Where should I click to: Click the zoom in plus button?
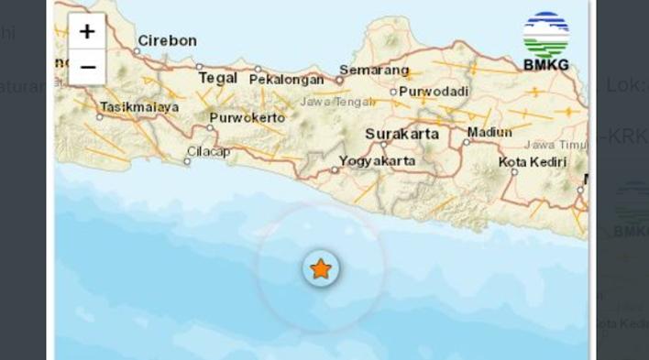tap(87, 32)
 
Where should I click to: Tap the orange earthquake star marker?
tap(321, 268)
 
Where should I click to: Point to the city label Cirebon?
tap(167, 40)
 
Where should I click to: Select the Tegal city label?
tap(218, 78)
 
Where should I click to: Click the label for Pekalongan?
tap(286, 79)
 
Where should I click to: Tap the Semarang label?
tap(374, 70)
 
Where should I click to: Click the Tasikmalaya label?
tap(138, 106)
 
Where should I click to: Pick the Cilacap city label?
tap(209, 151)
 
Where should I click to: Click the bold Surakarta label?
tap(401, 134)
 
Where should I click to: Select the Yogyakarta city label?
tap(377, 160)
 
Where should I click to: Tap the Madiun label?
tap(489, 132)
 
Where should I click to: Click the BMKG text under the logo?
tap(545, 65)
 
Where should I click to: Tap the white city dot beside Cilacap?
tap(187, 161)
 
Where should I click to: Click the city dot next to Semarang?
tap(338, 79)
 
